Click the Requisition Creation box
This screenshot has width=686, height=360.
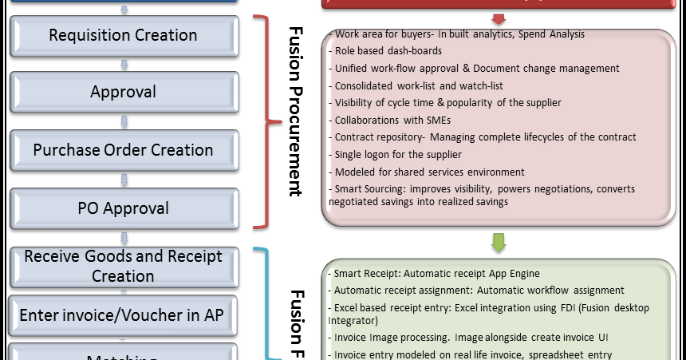tap(123, 35)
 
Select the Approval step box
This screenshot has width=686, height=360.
tap(123, 93)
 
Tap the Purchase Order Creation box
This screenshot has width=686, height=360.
tap(123, 150)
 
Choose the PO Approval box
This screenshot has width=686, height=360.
tap(123, 208)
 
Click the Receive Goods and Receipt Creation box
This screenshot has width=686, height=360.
tap(123, 266)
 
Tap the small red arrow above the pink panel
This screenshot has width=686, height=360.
tap(499, 18)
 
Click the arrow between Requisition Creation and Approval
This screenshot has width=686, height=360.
tap(123, 64)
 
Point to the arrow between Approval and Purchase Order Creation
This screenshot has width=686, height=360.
tap(123, 121)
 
